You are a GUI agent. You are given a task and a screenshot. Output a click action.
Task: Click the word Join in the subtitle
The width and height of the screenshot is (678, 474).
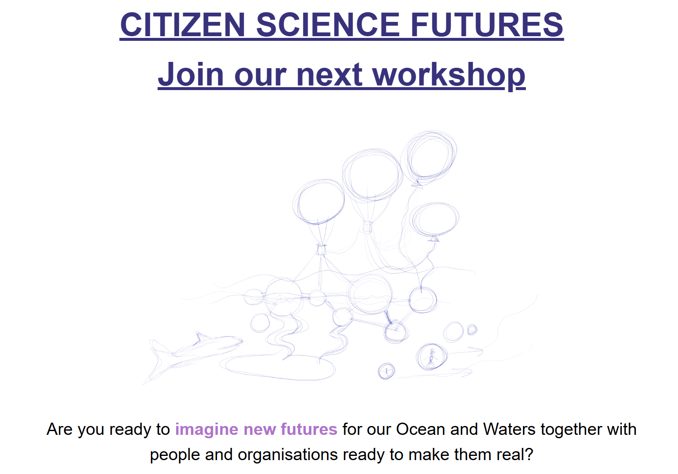(191, 74)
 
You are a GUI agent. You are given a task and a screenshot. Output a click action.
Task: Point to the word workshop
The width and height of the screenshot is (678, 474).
(449, 74)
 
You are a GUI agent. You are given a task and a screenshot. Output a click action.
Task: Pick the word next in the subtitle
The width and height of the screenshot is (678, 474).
(330, 75)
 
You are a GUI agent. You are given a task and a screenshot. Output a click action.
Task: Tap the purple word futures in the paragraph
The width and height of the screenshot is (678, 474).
(309, 429)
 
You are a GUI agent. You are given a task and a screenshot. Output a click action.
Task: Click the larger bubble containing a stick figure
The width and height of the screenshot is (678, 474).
(431, 357)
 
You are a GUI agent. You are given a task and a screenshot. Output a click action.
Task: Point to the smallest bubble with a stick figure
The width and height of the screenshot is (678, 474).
(386, 371)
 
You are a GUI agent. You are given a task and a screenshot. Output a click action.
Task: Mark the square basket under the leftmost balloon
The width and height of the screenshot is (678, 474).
(321, 250)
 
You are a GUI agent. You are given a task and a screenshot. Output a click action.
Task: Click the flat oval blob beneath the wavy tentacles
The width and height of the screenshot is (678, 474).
(277, 367)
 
